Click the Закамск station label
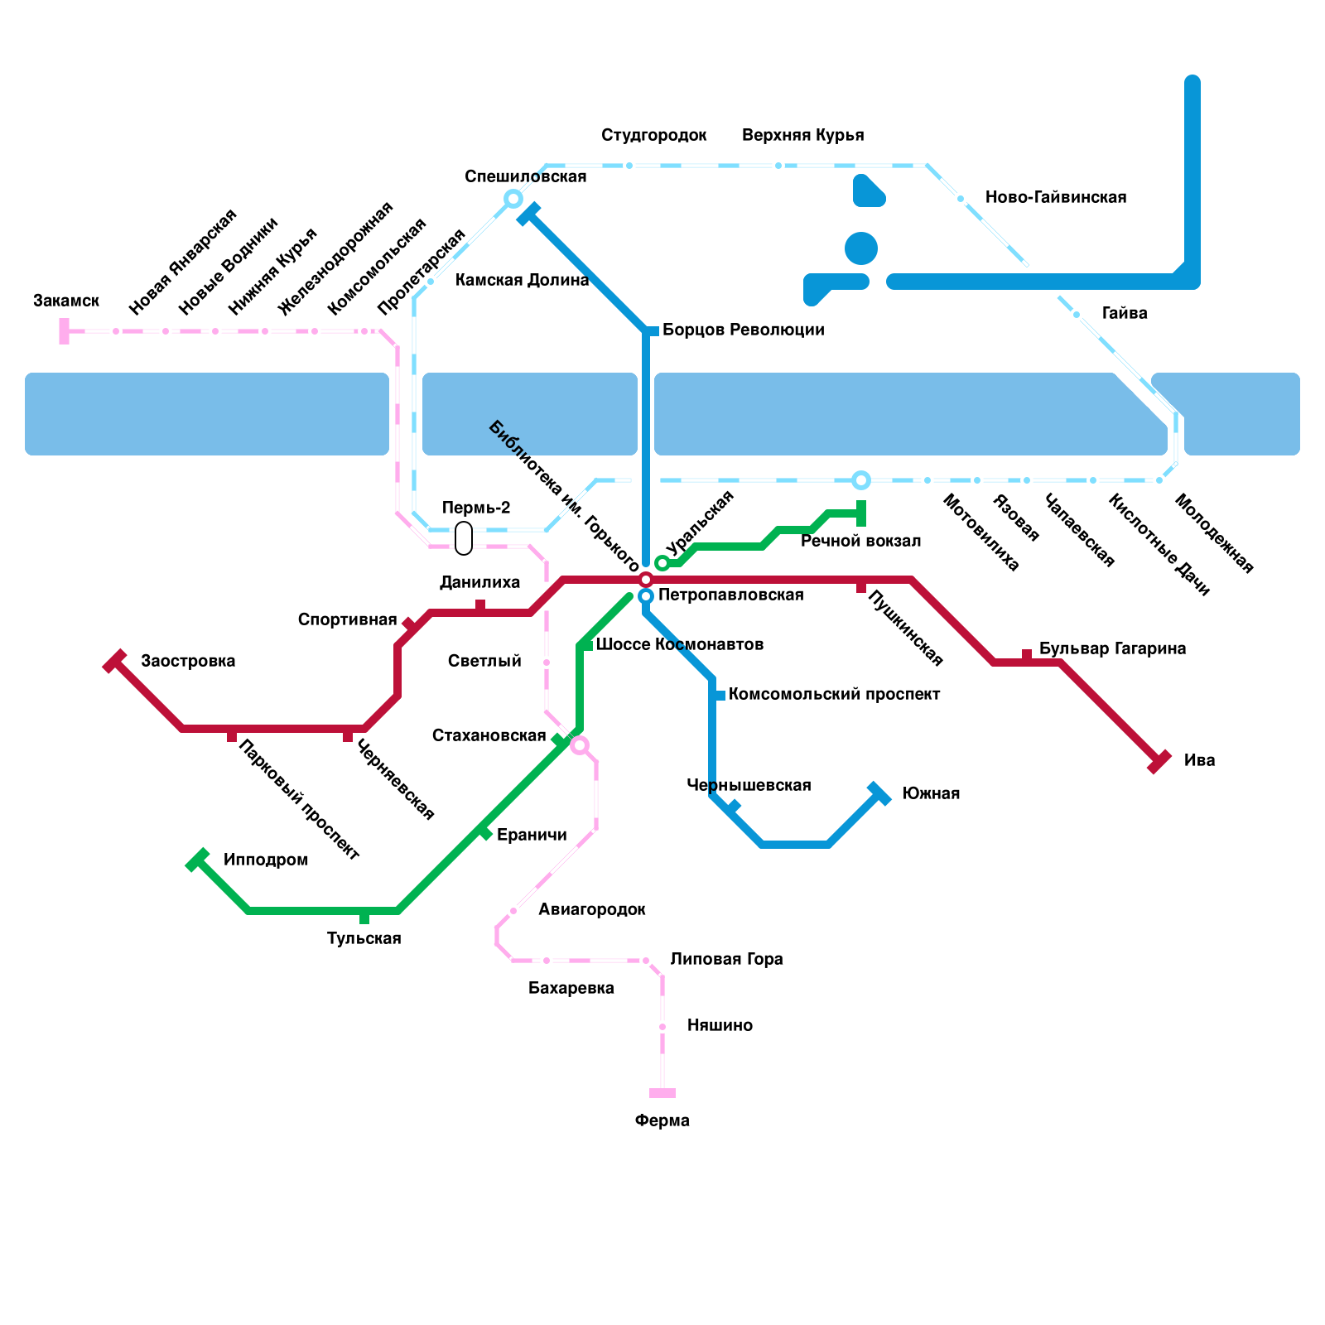tap(66, 301)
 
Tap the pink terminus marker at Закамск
tap(64, 331)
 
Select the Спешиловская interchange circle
tap(513, 199)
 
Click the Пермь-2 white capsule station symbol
tap(464, 538)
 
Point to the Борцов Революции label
tap(743, 330)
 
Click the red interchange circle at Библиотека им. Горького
tap(646, 580)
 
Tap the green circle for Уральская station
tap(662, 563)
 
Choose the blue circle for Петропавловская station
tap(646, 596)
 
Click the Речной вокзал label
tap(860, 541)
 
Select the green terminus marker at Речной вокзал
tap(861, 513)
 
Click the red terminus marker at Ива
tap(1159, 762)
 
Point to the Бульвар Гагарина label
tap(1112, 648)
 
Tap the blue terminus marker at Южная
tap(879, 793)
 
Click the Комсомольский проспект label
tap(834, 694)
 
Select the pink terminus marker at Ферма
tap(662, 1093)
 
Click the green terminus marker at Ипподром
tap(197, 860)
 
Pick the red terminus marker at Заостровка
tap(114, 661)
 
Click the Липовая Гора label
tap(726, 959)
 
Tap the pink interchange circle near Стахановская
tap(580, 745)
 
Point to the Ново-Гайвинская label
tap(1055, 197)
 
